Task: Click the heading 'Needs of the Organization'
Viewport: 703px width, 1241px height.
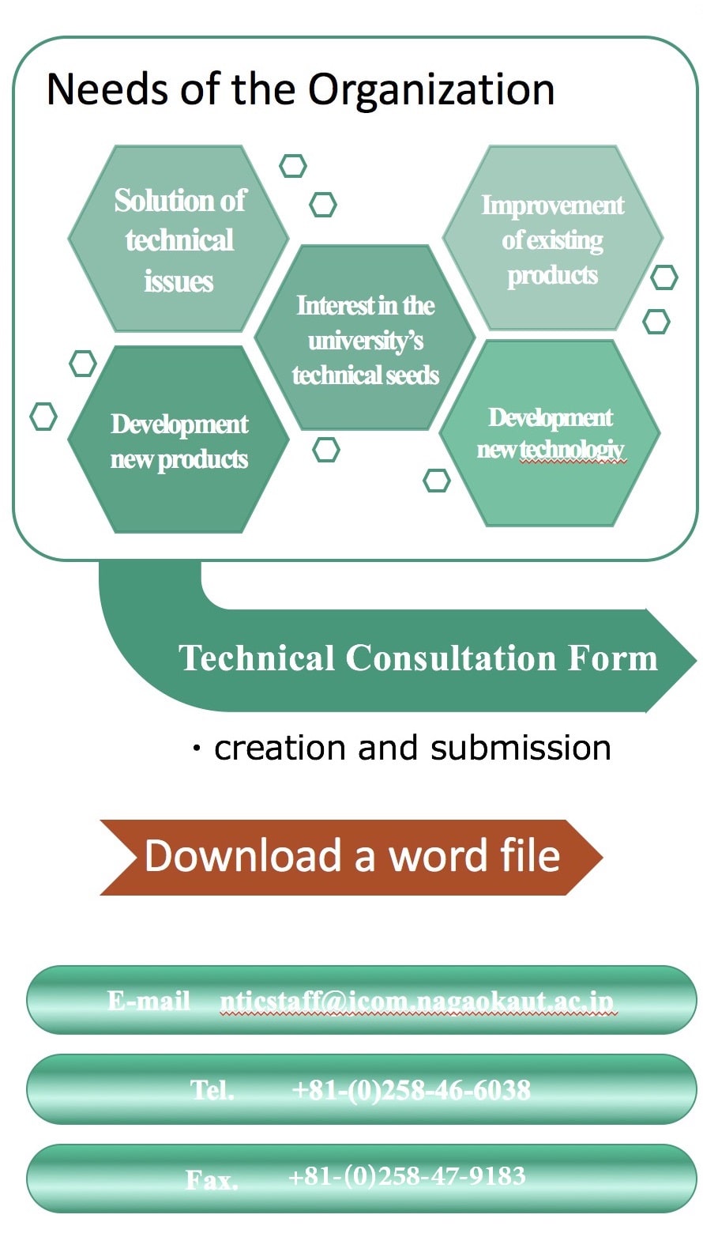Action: (300, 89)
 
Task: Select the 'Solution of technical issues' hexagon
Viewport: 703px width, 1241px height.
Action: (179, 240)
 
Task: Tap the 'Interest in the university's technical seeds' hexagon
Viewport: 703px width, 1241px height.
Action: (365, 339)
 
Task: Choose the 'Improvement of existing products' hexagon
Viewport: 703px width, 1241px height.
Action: (552, 240)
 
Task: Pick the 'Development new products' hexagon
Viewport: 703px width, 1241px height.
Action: (179, 441)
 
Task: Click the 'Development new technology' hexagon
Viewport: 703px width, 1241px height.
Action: (551, 433)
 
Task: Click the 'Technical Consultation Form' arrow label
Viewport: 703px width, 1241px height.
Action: (418, 658)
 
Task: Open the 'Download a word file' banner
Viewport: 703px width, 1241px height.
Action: (352, 856)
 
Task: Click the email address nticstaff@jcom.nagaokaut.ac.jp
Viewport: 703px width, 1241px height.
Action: (417, 1001)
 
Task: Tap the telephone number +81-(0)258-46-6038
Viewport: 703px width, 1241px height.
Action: (411, 1090)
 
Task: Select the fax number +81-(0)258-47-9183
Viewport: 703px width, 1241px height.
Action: (407, 1176)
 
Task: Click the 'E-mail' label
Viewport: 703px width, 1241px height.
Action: (148, 1001)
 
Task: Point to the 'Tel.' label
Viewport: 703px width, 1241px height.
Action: (212, 1091)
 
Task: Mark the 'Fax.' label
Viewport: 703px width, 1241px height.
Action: (211, 1180)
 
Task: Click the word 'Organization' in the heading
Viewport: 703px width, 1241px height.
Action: (430, 90)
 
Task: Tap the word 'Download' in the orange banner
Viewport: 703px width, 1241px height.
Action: (242, 856)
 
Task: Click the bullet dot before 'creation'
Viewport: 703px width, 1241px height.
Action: (197, 748)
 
